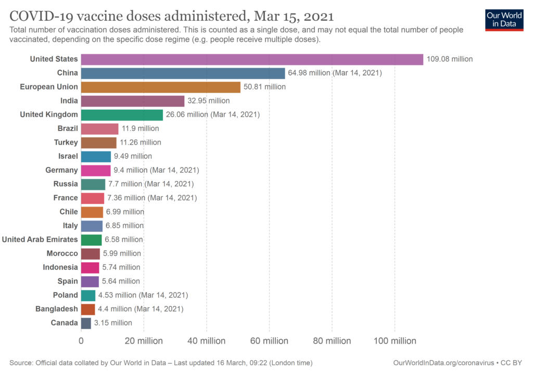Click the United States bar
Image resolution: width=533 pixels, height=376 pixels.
pos(252,59)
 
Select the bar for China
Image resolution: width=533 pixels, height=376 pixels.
pos(183,73)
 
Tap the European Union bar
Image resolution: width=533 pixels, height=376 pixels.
pos(160,87)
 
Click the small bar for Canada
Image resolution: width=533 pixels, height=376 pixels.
pos(86,323)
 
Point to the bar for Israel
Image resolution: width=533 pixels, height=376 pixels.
pos(96,156)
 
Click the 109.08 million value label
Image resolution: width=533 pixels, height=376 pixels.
pos(450,59)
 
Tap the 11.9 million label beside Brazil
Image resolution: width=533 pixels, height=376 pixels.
pos(140,128)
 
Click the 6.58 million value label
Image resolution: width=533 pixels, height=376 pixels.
pos(124,240)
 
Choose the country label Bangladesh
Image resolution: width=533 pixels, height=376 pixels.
pos(57,309)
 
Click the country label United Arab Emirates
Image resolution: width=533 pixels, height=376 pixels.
pos(40,240)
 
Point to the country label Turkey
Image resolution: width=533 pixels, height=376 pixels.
pos(66,142)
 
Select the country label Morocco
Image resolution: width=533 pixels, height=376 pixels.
pos(62,253)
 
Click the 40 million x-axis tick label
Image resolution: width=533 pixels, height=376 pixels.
pos(207,341)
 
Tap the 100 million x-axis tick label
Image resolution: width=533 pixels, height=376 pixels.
pos(395,341)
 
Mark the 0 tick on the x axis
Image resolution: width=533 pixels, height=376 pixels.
pos(81,341)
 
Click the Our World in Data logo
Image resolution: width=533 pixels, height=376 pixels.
pos(504,19)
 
